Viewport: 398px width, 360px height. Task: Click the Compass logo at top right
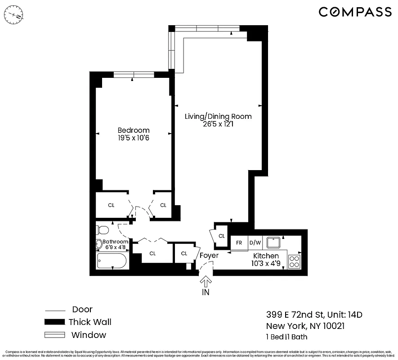pyautogui.click(x=355, y=12)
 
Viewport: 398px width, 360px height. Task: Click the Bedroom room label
pyautogui.click(x=134, y=130)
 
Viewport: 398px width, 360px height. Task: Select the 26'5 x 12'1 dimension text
pyautogui.click(x=218, y=125)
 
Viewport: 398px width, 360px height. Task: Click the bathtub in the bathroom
pyautogui.click(x=112, y=261)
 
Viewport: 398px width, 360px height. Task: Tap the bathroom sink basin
pyautogui.click(x=99, y=244)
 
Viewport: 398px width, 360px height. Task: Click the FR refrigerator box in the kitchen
pyautogui.click(x=239, y=243)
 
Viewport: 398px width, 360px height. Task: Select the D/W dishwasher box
pyautogui.click(x=255, y=243)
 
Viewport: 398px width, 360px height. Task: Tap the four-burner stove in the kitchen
pyautogui.click(x=294, y=261)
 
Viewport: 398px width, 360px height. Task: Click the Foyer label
pyautogui.click(x=209, y=256)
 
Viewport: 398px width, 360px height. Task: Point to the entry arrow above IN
pyautogui.click(x=206, y=282)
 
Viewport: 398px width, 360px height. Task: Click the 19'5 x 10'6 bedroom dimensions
pyautogui.click(x=134, y=138)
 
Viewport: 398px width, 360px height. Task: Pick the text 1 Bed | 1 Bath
pyautogui.click(x=287, y=337)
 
